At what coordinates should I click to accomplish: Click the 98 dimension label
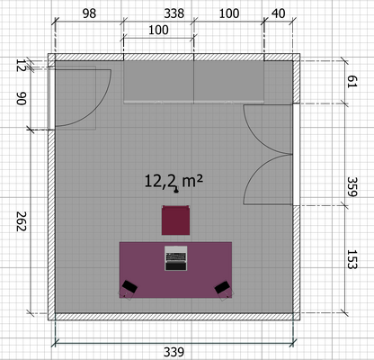click(88, 13)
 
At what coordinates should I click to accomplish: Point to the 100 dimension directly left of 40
click(229, 13)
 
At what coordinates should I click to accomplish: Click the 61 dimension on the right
click(352, 82)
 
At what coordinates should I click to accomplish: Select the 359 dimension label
click(352, 187)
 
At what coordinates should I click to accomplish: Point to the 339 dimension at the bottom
click(175, 349)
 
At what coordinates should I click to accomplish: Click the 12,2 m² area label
click(174, 181)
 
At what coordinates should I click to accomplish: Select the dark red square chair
click(175, 220)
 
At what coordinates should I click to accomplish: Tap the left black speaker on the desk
click(129, 286)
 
